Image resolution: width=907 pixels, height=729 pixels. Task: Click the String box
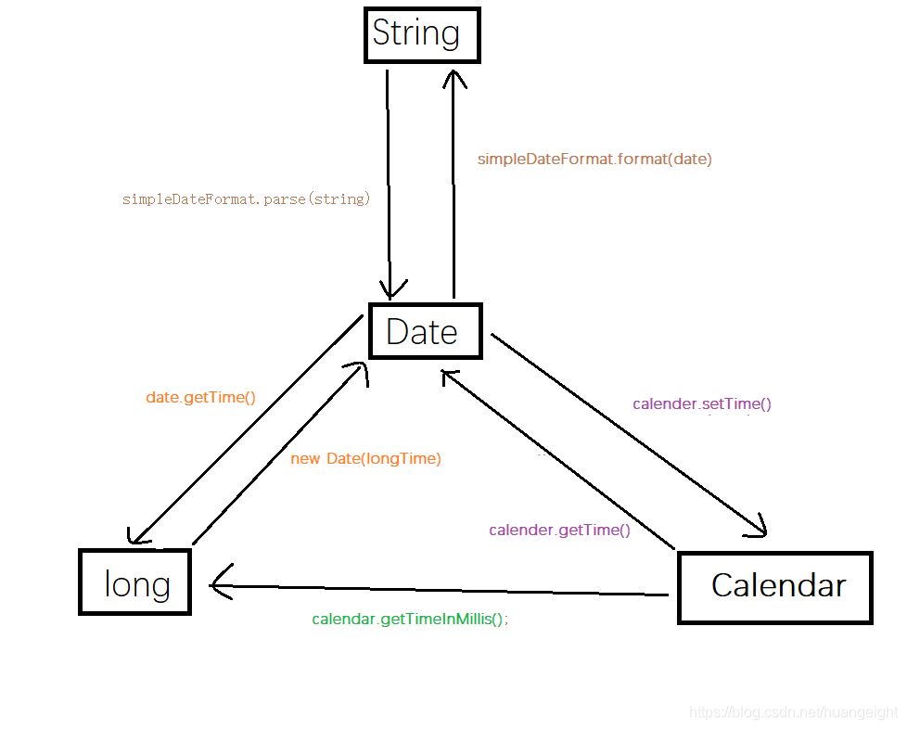(422, 35)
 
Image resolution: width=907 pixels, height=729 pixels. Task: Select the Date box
(425, 330)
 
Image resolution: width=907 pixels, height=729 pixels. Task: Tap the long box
(135, 582)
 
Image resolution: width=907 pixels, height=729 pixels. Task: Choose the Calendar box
(775, 587)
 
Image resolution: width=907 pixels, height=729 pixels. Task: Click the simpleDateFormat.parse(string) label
(246, 199)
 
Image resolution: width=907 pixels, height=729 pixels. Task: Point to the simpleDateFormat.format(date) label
(594, 160)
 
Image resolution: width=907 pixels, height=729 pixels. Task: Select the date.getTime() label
(200, 398)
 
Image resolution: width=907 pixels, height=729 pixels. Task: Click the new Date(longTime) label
(365, 458)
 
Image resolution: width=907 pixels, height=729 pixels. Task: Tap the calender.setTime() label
(701, 404)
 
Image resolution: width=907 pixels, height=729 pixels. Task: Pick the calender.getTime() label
(559, 531)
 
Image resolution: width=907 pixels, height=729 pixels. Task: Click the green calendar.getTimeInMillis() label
(410, 619)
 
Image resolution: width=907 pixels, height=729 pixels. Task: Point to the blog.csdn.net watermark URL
(794, 712)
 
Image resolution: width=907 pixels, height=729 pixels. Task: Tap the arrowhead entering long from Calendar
(219, 584)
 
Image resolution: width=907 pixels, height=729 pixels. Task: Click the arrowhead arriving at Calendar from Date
(760, 531)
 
